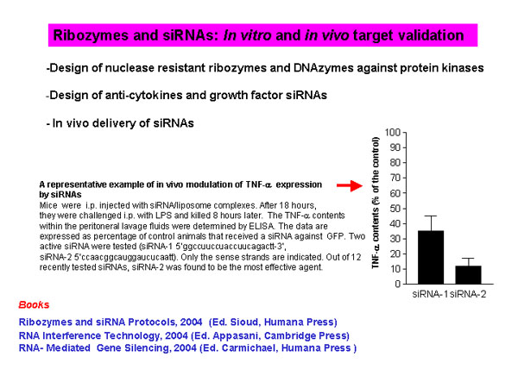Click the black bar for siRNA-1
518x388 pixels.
(431, 257)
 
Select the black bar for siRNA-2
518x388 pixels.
(468, 274)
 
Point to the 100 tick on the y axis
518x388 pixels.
(404, 132)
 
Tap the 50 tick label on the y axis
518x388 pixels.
(395, 209)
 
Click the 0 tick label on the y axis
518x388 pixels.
(398, 284)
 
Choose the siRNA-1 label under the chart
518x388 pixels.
(431, 294)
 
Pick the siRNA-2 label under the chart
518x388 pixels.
(468, 294)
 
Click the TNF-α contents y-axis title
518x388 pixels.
(376, 203)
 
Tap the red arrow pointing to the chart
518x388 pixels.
(350, 185)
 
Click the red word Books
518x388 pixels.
(34, 304)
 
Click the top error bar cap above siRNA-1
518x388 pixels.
(431, 216)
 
